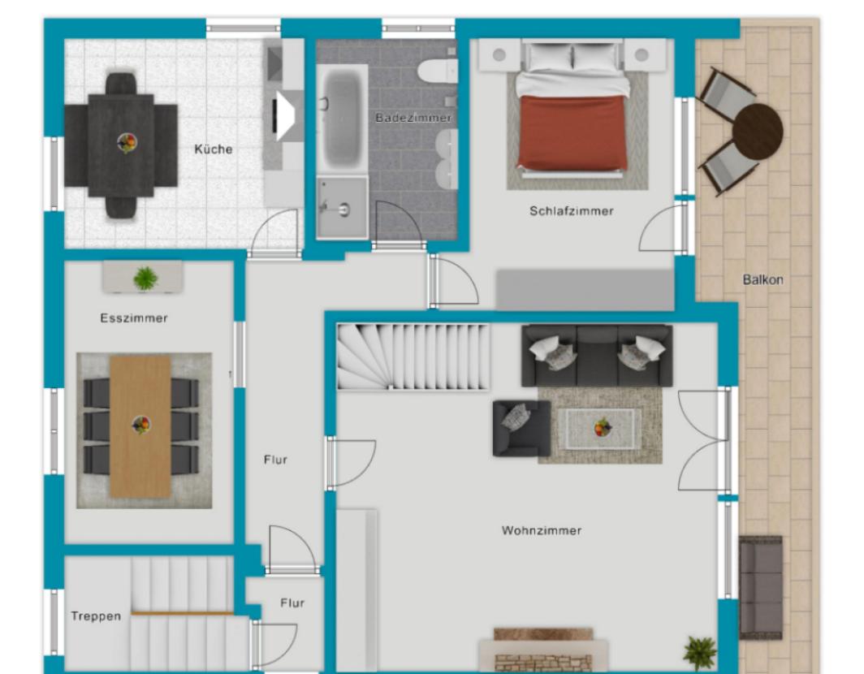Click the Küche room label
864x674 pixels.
(x=214, y=149)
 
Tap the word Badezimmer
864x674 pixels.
(x=413, y=118)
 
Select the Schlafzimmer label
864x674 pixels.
(x=572, y=211)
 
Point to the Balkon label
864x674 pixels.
(x=762, y=280)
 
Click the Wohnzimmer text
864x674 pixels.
(x=541, y=531)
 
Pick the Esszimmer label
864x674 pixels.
(x=134, y=318)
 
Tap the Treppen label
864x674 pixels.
(x=96, y=616)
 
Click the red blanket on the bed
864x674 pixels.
(x=572, y=132)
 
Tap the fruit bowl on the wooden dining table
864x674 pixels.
(x=141, y=425)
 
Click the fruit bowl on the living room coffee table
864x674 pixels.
(x=603, y=428)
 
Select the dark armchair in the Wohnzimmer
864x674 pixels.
(x=521, y=428)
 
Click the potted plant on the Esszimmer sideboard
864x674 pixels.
(x=145, y=279)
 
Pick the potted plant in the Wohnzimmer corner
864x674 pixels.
(x=700, y=653)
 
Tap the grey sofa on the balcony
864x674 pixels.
(x=760, y=587)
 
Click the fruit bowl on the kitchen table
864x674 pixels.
(x=126, y=143)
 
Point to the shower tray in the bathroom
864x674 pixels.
(x=342, y=208)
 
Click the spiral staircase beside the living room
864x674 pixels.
(x=413, y=356)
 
